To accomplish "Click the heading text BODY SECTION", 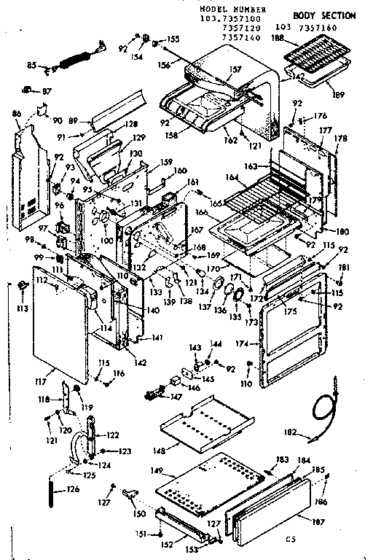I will pyautogui.click(x=324, y=15).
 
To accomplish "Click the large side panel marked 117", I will pyautogui.click(x=62, y=328).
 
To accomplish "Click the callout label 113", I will pyautogui.click(x=22, y=308).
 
